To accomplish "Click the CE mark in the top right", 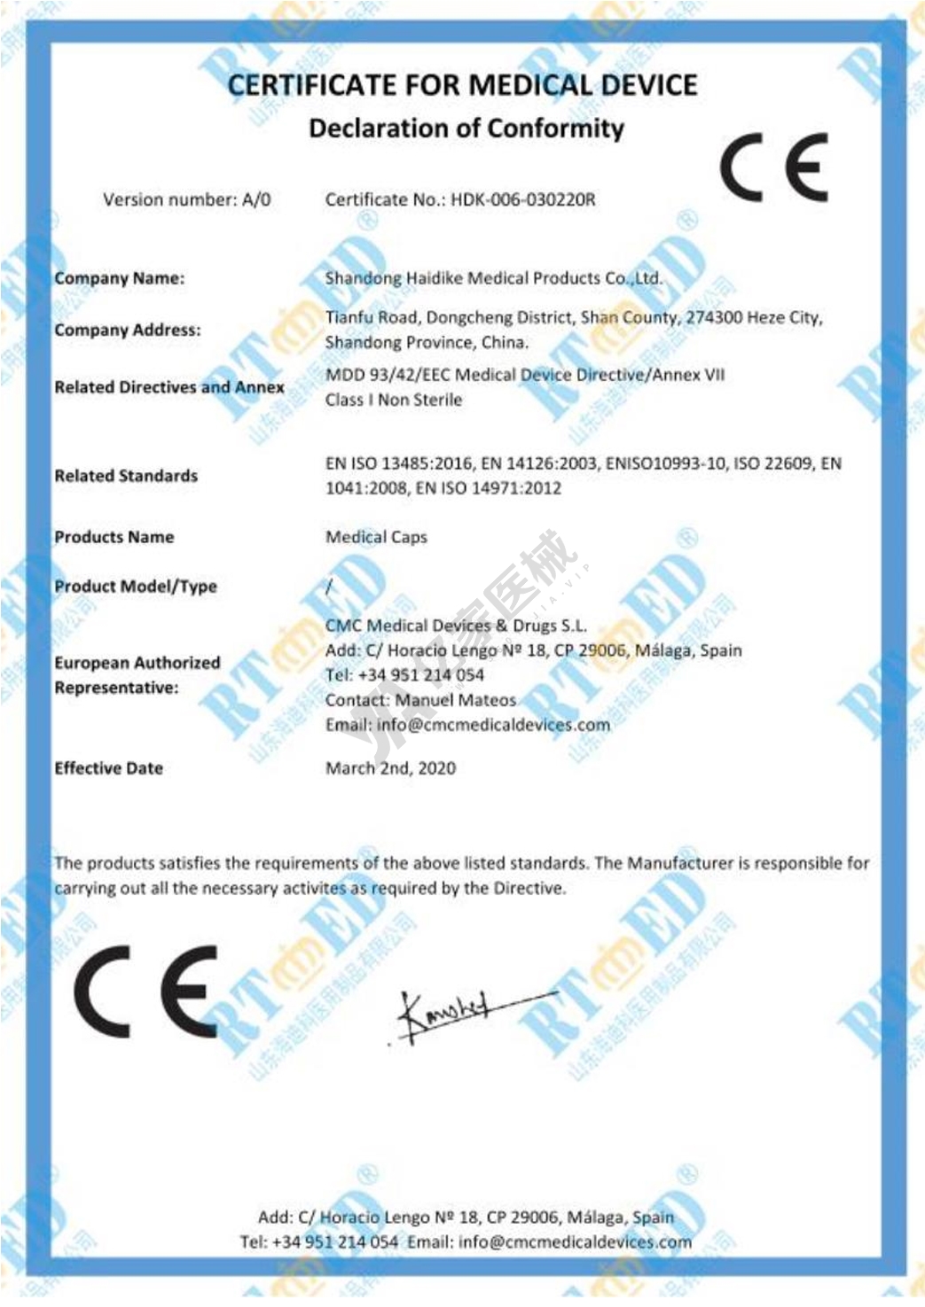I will (773, 167).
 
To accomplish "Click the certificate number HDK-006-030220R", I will (523, 200).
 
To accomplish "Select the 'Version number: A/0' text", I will (187, 200).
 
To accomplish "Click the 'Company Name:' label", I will (120, 278).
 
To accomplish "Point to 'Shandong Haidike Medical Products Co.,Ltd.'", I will (493, 278).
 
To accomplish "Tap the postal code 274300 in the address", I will (715, 317).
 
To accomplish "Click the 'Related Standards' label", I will (126, 476).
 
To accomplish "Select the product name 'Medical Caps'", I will (376, 537).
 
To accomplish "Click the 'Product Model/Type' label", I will (136, 587).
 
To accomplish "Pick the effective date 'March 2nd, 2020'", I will (390, 768).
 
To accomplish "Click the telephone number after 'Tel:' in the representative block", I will (421, 675).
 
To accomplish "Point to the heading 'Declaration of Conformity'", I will (466, 128).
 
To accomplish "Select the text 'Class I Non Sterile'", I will (394, 401).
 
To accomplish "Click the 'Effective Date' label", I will (109, 768).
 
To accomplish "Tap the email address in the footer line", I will (575, 1242).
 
